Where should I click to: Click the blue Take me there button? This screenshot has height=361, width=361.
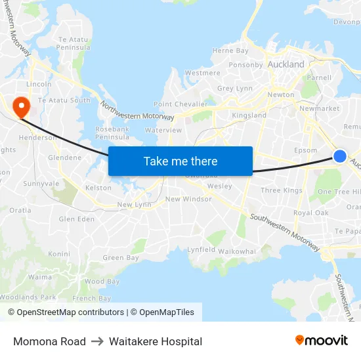click(x=180, y=161)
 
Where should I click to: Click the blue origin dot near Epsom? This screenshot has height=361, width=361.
click(x=340, y=156)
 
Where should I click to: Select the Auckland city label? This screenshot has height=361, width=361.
click(x=286, y=64)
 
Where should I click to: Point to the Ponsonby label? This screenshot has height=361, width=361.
click(x=245, y=65)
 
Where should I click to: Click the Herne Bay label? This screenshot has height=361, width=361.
click(x=230, y=51)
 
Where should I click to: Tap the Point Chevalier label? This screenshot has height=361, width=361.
click(x=180, y=104)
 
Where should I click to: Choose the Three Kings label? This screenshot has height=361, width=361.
click(x=282, y=190)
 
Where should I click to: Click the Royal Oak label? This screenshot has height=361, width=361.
click(x=311, y=213)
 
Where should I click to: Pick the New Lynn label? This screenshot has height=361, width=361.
click(x=134, y=205)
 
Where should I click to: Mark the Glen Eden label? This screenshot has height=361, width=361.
click(x=77, y=219)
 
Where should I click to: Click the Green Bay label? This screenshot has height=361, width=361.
click(x=121, y=258)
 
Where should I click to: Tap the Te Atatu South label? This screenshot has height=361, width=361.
click(x=64, y=100)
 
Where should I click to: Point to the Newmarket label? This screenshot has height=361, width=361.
click(x=319, y=108)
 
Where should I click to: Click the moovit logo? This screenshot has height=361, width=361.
click(x=322, y=341)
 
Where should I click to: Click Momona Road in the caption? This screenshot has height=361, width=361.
click(x=49, y=341)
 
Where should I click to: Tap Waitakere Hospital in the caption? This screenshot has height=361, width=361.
click(x=156, y=341)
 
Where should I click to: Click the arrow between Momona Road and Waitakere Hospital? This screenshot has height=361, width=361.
click(x=97, y=341)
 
